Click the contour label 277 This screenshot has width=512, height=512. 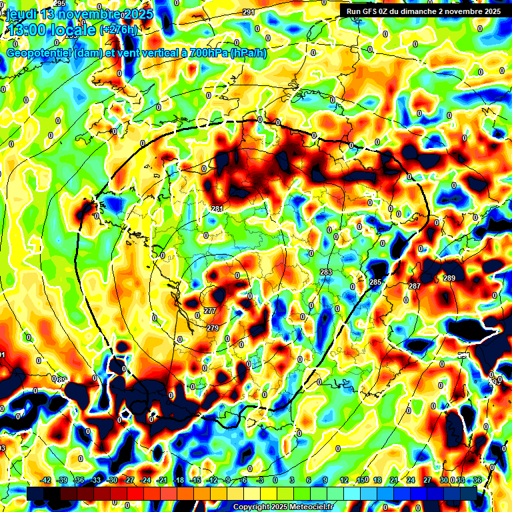[210, 311]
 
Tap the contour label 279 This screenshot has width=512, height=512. [213, 328]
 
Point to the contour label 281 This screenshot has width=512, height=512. [217, 209]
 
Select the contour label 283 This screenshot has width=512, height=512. [326, 272]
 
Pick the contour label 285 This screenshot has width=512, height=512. [376, 283]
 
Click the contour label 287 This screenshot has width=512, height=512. [415, 286]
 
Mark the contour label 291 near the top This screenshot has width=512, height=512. [249, 13]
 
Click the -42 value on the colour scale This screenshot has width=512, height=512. [46, 480]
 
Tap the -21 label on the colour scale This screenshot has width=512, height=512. [161, 480]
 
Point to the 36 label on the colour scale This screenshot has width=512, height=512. [477, 480]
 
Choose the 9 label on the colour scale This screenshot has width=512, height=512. [325, 480]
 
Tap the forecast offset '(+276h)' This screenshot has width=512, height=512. [118, 30]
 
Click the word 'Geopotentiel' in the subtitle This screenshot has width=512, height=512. [40, 53]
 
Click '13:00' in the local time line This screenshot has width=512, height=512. [25, 30]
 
